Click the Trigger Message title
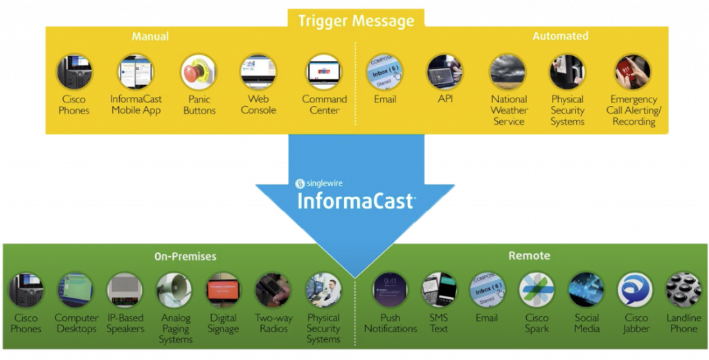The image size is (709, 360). coord(356,21)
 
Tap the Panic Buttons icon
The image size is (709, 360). coord(199,72)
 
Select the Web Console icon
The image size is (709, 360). coord(258,72)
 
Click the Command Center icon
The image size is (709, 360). coord(324,72)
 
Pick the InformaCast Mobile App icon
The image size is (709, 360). coord(136,72)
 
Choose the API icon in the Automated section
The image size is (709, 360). coord(445,72)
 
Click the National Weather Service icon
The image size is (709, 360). coord(508,72)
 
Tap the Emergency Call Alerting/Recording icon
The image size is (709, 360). coord(633,72)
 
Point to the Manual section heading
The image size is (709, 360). coord(150,36)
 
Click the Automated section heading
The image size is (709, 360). coord(560,36)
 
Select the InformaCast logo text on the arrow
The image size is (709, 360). coord(356,201)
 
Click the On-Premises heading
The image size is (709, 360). coord(185,256)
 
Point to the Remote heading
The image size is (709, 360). coord(529,255)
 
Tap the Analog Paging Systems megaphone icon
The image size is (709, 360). coord(174,290)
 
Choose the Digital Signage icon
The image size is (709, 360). coord(223,290)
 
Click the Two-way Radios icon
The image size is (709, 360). coord(273,290)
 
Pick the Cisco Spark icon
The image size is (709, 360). coord(537,290)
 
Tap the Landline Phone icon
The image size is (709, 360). coord(683,290)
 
